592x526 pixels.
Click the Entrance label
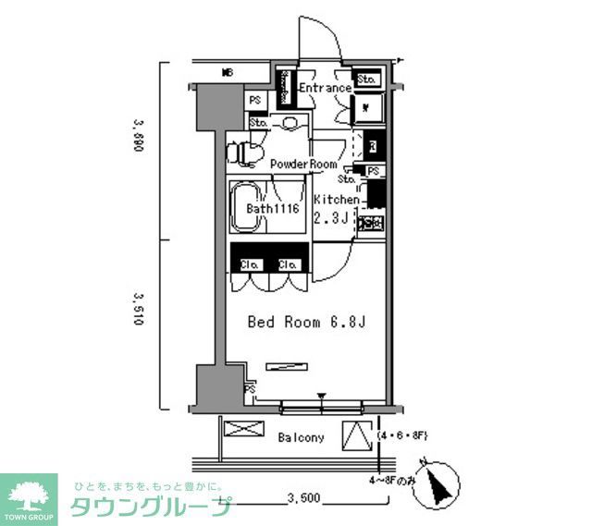(x=325, y=89)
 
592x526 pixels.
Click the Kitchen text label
(x=336, y=200)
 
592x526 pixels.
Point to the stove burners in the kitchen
(x=372, y=223)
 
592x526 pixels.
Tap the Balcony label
(x=301, y=437)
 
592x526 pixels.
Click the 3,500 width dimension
(x=302, y=498)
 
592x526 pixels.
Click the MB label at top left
(x=227, y=72)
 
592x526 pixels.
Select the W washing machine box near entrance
(x=366, y=108)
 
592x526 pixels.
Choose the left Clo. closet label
(x=249, y=264)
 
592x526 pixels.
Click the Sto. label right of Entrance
(x=365, y=79)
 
